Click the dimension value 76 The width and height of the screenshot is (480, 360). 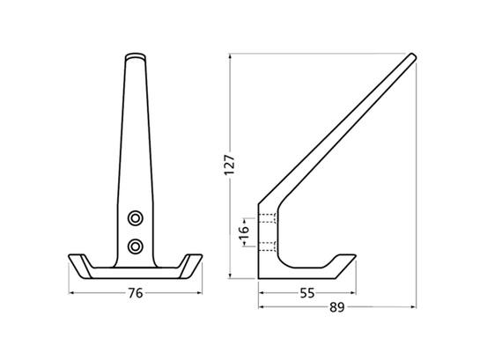tap(136, 293)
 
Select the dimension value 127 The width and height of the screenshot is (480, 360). tap(230, 165)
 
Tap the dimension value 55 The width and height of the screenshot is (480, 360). tap(307, 293)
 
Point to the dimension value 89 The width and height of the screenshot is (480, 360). tap(337, 307)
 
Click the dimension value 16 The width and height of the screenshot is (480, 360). tap(244, 232)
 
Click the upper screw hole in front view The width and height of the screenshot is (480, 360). tap(136, 218)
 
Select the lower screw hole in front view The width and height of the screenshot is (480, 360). tap(136, 246)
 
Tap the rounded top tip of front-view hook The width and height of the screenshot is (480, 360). tap(136, 56)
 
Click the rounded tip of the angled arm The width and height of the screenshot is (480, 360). tap(412, 57)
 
